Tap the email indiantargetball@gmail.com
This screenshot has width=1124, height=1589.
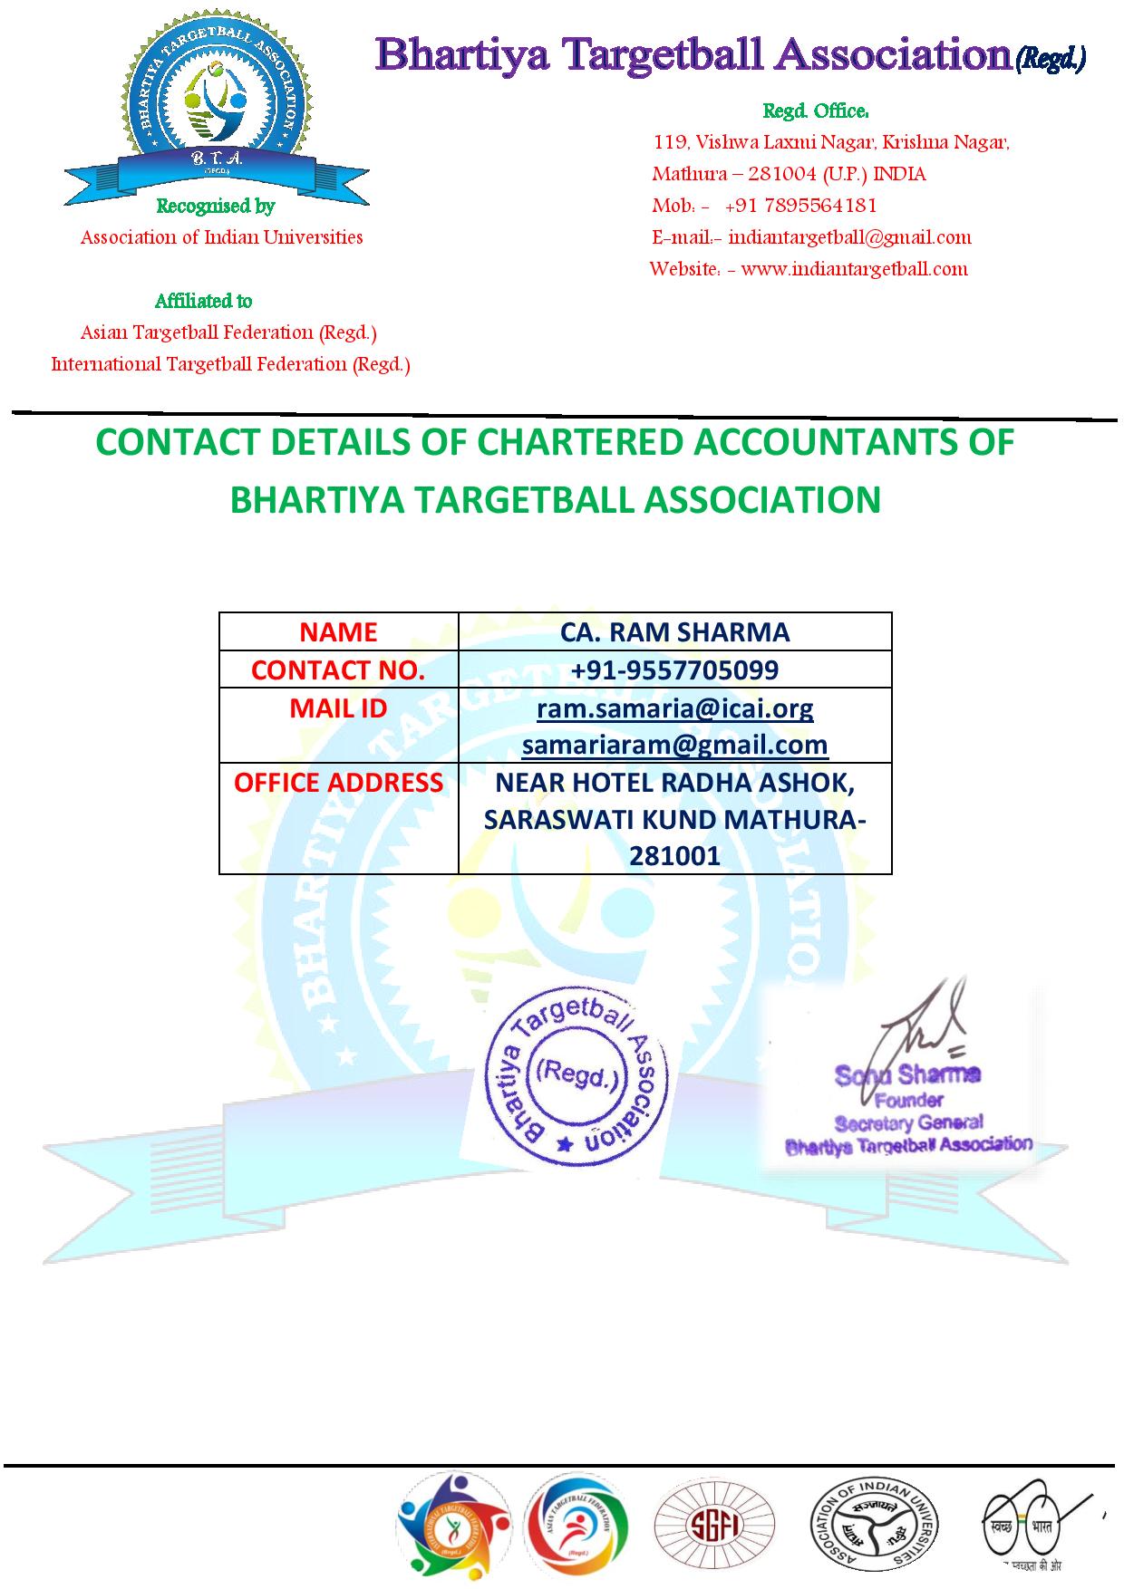pos(849,237)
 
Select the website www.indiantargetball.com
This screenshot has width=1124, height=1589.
pos(854,269)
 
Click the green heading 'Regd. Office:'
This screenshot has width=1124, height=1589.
pos(816,111)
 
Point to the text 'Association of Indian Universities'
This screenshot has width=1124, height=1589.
pos(222,237)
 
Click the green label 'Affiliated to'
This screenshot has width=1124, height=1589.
pos(204,301)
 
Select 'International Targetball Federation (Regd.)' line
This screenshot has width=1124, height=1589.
pos(231,364)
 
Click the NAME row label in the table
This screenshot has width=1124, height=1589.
pos(338,632)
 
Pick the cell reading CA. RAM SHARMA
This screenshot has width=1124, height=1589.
pos(674,632)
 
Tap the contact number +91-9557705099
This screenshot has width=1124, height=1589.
pos(674,670)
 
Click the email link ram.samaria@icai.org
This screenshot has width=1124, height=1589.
pos(674,708)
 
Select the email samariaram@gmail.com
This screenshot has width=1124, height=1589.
pos(674,745)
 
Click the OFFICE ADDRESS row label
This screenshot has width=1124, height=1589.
pos(338,783)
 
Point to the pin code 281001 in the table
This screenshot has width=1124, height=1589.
pos(674,856)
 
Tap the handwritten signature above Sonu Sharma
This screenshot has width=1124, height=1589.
pos(916,1028)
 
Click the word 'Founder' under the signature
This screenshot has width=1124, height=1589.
pos(909,1100)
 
